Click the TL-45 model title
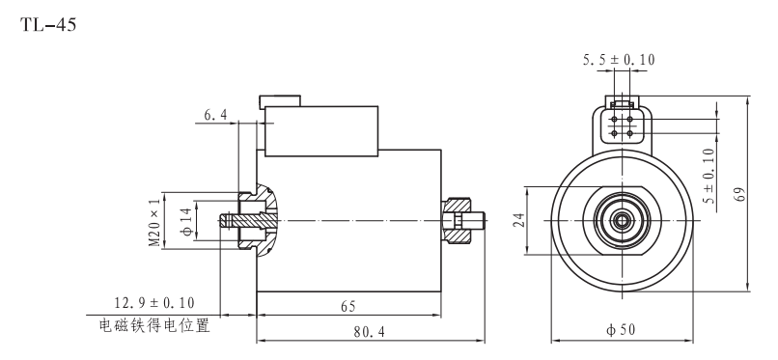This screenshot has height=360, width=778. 48,24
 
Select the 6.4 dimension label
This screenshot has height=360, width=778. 215,115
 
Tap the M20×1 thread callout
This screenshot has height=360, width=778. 155,222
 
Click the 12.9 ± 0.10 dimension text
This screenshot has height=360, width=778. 154,302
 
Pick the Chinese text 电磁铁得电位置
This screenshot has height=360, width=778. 154,325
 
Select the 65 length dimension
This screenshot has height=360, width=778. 347,307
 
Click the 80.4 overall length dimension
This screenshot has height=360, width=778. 369,332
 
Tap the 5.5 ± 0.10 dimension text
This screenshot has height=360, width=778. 619,60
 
